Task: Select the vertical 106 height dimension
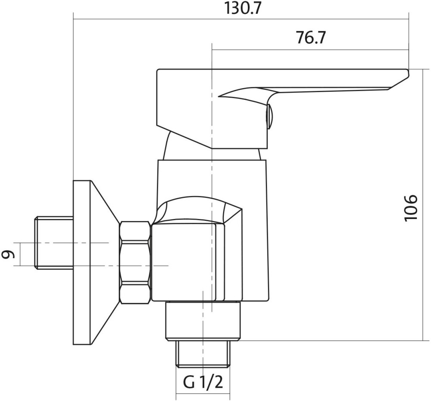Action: (x=411, y=208)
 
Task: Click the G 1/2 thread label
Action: (x=203, y=382)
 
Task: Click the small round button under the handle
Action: (x=269, y=116)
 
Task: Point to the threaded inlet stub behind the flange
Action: (x=54, y=243)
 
